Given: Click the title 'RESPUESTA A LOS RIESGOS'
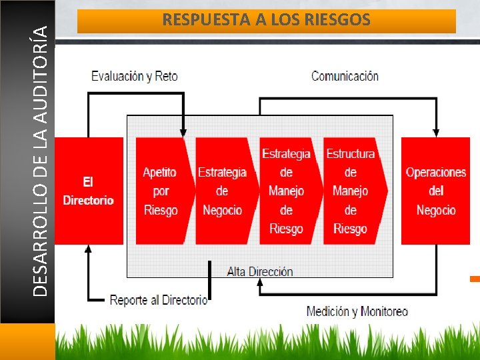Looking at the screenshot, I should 266,21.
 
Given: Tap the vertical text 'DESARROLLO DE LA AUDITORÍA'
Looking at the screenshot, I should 41,160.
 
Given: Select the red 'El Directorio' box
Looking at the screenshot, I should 89,191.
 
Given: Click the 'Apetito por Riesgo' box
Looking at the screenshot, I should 161,191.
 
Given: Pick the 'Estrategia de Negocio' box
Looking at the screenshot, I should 222,191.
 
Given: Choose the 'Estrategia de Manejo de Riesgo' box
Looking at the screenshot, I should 286,191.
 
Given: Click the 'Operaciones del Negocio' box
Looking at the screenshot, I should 436,191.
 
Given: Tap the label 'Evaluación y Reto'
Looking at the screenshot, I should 135,76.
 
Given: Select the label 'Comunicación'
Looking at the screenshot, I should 345,76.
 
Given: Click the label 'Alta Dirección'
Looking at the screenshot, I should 260,271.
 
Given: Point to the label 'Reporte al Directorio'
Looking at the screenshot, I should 159,300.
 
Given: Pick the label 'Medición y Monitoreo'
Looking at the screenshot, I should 357,311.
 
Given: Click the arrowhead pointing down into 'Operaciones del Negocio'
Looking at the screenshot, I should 436,133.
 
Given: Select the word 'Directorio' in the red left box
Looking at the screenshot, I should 89,200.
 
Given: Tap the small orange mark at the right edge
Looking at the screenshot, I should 475,278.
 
